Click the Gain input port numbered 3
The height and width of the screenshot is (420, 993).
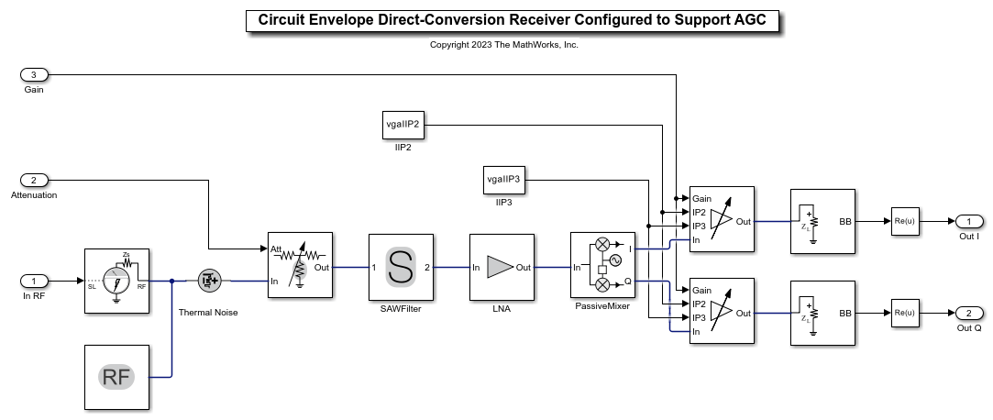tap(34, 74)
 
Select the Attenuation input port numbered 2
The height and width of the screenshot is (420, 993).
tap(34, 180)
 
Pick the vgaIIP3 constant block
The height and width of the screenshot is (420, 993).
tap(502, 180)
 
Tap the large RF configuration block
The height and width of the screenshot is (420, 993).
tap(116, 377)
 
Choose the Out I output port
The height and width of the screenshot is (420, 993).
tap(969, 221)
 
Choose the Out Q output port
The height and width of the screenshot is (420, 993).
tap(969, 313)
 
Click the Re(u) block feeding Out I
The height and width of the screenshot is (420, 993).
tap(905, 221)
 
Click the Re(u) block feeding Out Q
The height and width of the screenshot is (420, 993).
tap(905, 313)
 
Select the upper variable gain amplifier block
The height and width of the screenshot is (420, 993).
tap(722, 219)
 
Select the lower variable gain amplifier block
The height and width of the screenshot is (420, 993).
tap(722, 311)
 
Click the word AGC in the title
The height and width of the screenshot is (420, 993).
tap(751, 20)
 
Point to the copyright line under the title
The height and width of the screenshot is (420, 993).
tap(504, 44)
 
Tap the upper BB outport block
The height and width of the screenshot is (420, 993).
tap(822, 221)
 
